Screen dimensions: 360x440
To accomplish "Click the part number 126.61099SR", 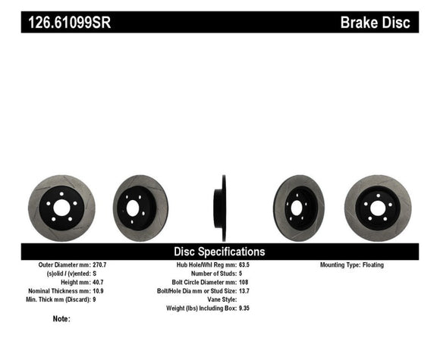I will [69, 23].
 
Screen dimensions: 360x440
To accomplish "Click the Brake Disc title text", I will [376, 23].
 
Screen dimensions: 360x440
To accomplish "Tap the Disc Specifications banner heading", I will [220, 252].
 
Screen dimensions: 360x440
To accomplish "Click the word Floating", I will [372, 265].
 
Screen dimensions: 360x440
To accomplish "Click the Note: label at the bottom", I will [61, 319].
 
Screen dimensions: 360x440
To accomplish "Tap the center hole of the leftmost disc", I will [58, 208].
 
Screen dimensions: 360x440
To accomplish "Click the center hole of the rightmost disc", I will [377, 207].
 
